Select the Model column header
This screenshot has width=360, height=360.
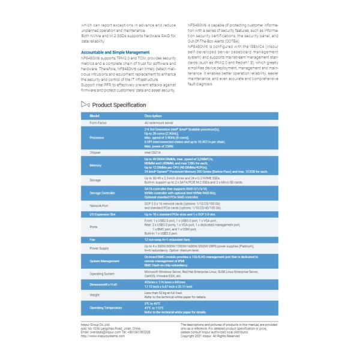pyautogui.click(x=94, y=115)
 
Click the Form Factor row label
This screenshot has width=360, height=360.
pyautogui.click(x=98, y=121)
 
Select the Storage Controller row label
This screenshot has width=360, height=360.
pyautogui.click(x=102, y=193)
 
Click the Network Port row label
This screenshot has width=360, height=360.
pyautogui.click(x=100, y=205)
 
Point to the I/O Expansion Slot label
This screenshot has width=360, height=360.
pyautogui.click(x=103, y=214)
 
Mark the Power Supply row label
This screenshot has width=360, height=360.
pyautogui.click(x=100, y=247)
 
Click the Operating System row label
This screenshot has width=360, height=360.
pyautogui.click(x=103, y=273)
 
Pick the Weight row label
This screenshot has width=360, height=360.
pyautogui.click(x=95, y=295)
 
